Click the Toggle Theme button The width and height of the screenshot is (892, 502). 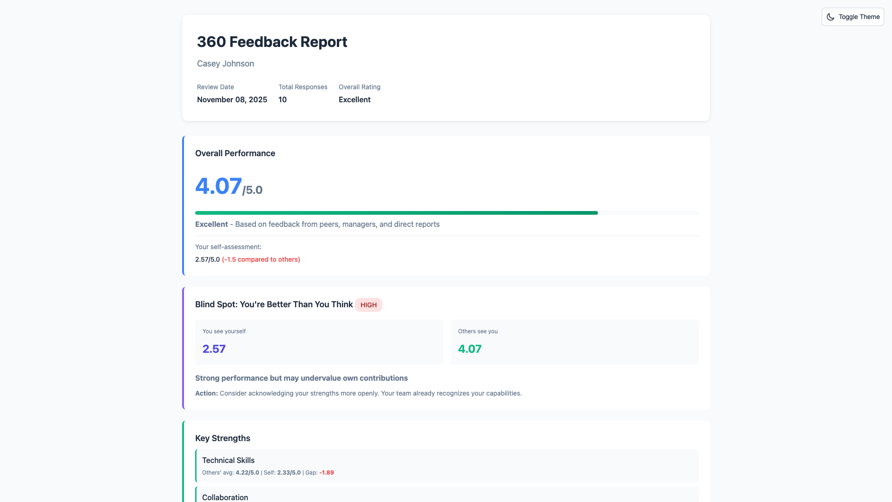coord(853,17)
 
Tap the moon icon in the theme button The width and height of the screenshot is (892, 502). coord(830,17)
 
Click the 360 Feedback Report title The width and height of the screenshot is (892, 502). coord(272,42)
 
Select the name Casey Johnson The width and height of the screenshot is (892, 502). coord(225,64)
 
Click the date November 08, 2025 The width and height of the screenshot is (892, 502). coord(232,99)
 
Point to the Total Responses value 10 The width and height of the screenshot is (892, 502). coord(282,99)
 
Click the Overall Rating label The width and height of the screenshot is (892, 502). coord(359,87)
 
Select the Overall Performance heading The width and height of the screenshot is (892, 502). coord(235,153)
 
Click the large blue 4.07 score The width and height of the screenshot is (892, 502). coord(218,186)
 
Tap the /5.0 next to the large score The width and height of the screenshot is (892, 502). coord(253,190)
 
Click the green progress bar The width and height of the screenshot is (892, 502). coord(396,213)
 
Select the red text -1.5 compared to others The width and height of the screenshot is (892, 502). coord(261,259)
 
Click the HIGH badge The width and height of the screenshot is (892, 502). coord(368,305)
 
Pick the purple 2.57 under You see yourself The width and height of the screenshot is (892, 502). coord(214,349)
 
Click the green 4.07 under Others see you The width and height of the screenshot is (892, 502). coord(470,349)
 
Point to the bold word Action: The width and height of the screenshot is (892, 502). coord(206,393)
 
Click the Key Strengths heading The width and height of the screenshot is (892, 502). coord(223,438)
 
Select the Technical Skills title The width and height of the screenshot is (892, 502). coord(228,460)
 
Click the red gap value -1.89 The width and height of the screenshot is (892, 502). coord(327,473)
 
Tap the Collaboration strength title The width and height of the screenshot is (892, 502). coord(225,497)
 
